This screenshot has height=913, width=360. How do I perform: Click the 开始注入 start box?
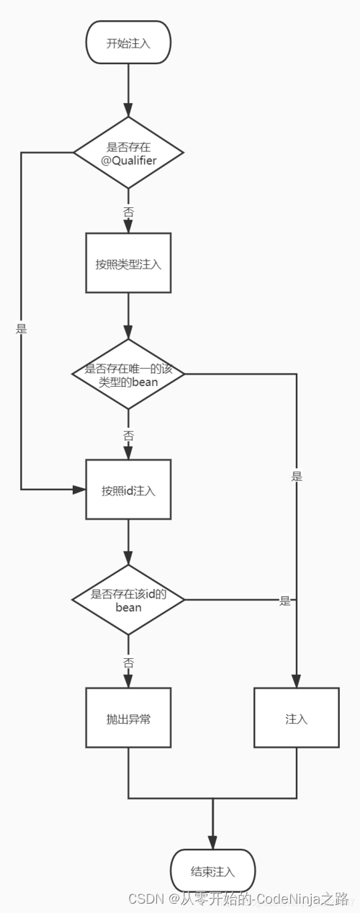128,42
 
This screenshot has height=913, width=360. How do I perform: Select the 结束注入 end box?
213,871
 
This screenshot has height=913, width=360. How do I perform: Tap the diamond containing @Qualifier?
128,153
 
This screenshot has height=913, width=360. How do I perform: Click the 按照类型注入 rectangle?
128,263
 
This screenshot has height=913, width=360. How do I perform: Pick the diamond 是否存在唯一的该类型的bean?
128,374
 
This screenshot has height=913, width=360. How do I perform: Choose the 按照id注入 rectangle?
128,490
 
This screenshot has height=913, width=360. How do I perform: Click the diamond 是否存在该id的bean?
128,600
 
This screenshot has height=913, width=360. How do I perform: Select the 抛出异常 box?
128,718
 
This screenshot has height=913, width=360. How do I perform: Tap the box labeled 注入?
297,718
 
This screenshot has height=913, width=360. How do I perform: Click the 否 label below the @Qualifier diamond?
128,212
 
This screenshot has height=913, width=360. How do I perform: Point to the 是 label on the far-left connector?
21,328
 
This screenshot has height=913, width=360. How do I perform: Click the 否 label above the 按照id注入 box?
128,436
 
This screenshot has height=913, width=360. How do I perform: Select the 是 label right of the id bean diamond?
285,601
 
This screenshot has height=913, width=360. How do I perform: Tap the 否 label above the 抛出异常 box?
128,662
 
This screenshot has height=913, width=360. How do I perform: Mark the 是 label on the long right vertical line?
297,476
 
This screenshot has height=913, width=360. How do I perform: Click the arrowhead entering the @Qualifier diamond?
128,110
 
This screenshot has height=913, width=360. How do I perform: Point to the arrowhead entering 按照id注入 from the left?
78,490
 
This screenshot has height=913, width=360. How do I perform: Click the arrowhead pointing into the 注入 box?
297,681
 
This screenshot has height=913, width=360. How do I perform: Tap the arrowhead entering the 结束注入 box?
213,843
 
